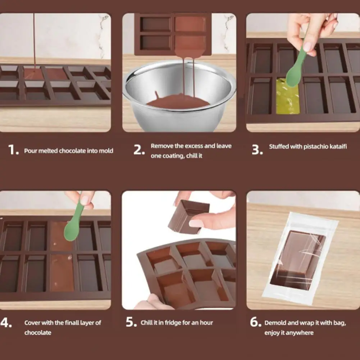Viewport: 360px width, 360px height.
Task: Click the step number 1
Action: [13, 150]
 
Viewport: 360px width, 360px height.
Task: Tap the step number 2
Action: [139, 150]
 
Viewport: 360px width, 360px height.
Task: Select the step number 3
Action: [257, 150]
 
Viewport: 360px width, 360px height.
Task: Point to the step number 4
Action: [6, 323]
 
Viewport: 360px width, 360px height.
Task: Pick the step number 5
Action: [131, 322]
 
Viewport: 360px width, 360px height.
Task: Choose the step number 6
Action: [256, 322]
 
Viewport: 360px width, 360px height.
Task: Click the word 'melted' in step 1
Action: [48, 151]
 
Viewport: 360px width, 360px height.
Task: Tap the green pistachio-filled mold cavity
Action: [288, 96]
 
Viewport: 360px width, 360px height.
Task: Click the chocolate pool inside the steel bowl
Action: [178, 101]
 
